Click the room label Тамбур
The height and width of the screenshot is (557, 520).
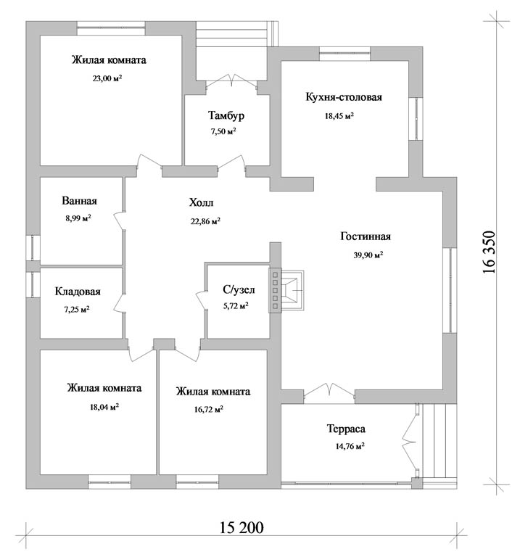tap(226, 115)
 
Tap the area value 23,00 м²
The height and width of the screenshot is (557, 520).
tap(107, 78)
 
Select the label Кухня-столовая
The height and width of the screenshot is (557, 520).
tap(344, 97)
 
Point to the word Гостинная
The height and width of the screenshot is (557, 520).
tap(366, 236)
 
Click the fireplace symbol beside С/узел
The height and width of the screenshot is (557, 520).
tap(286, 290)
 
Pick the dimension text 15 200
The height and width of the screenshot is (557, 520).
tap(242, 527)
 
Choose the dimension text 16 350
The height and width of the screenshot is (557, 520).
tap(489, 252)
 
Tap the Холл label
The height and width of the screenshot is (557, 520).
tap(202, 203)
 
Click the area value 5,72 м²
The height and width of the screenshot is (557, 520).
tap(236, 306)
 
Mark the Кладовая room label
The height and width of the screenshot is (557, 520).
tap(78, 292)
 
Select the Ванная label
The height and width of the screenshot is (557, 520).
tap(79, 201)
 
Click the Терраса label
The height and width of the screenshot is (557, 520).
tap(346, 429)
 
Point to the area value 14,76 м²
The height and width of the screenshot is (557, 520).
tap(350, 446)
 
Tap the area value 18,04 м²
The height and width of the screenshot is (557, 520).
tap(104, 407)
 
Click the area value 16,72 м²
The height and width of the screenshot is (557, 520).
tap(208, 409)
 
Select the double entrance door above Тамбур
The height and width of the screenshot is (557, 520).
tap(231, 81)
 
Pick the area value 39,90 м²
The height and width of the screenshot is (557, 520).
tap(368, 255)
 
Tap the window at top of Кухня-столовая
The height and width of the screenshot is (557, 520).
tap(345, 54)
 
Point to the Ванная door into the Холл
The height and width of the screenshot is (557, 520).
tap(120, 221)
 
